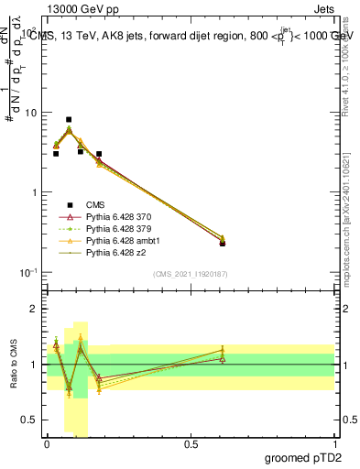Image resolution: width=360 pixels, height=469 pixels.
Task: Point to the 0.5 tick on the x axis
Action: (x=191, y=444)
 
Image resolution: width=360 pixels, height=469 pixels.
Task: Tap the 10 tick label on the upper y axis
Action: (x=30, y=113)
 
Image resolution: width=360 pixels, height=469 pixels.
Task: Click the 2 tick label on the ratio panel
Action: (x=33, y=309)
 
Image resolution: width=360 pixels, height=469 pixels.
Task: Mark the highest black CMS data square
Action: (x=69, y=119)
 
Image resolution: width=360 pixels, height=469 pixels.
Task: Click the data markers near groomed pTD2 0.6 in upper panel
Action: (x=223, y=241)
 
